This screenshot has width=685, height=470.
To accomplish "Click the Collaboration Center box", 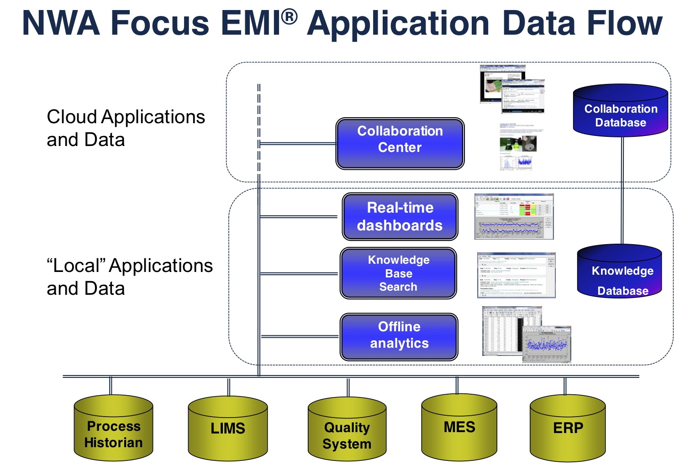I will (x=400, y=144).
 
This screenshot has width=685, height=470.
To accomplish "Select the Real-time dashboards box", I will (x=400, y=217).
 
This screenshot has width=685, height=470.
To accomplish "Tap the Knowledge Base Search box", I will (x=398, y=273).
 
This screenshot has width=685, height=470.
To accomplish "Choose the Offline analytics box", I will (x=399, y=337).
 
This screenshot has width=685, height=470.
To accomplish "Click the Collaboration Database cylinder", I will (x=621, y=112).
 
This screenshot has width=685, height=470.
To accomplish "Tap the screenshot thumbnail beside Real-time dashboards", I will (x=514, y=217).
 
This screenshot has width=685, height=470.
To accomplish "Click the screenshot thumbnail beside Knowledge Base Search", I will (x=516, y=275).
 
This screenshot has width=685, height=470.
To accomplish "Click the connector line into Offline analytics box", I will (x=300, y=337).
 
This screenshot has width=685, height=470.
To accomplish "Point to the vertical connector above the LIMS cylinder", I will (x=228, y=387).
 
